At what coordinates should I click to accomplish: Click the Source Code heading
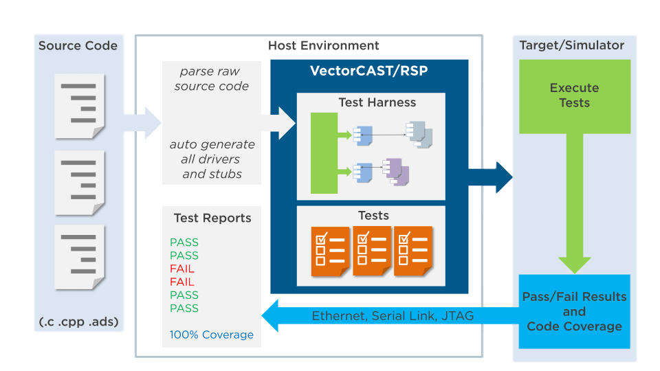(78, 45)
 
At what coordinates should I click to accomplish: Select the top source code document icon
(80, 106)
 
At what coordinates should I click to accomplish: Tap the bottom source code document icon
(80, 257)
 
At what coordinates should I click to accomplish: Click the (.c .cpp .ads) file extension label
(78, 322)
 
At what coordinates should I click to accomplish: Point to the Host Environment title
(323, 45)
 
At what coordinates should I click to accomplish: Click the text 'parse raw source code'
(211, 78)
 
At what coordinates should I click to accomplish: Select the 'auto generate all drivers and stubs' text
(212, 159)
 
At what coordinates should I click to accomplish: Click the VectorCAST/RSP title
(368, 71)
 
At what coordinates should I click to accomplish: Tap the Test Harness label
(377, 102)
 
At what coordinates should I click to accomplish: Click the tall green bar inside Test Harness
(324, 153)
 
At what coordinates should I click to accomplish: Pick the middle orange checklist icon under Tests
(372, 251)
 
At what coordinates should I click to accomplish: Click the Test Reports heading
(212, 218)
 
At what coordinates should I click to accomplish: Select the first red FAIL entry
(182, 269)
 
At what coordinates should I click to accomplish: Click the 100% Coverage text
(211, 335)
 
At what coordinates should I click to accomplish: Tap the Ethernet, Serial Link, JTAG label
(393, 316)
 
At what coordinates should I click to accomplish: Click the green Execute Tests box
(575, 96)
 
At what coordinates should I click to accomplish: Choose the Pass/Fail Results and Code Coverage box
(574, 311)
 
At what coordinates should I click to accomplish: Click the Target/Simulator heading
(571, 45)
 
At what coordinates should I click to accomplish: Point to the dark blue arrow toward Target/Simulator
(490, 177)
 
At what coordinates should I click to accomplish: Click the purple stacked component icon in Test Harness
(396, 172)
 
